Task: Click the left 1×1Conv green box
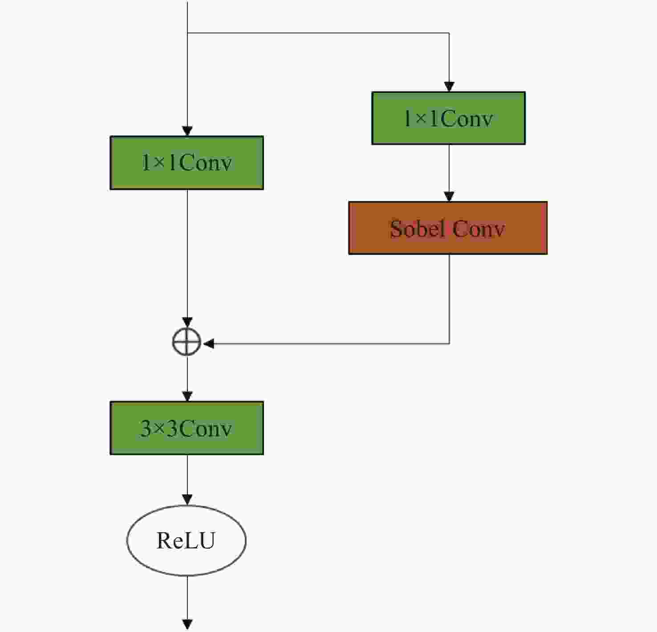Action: pyautogui.click(x=187, y=163)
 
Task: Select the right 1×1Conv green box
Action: pyautogui.click(x=448, y=118)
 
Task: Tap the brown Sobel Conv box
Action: pyautogui.click(x=448, y=228)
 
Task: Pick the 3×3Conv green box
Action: pyautogui.click(x=187, y=428)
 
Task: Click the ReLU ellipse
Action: pyautogui.click(x=187, y=540)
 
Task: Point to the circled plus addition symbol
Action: pyautogui.click(x=187, y=342)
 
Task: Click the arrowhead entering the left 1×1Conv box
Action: pyautogui.click(x=187, y=131)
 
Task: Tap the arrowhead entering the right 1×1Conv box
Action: pyautogui.click(x=449, y=87)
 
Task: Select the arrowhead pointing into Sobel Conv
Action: pyautogui.click(x=449, y=197)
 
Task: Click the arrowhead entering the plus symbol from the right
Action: pyautogui.click(x=209, y=344)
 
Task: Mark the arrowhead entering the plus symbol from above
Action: pyautogui.click(x=187, y=322)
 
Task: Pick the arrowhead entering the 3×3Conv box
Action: pyautogui.click(x=187, y=396)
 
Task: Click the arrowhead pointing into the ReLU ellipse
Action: pyautogui.click(x=187, y=500)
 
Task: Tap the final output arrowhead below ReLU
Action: pyautogui.click(x=187, y=624)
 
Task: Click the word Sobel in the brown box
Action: pyautogui.click(x=417, y=229)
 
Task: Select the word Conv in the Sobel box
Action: pyautogui.click(x=479, y=229)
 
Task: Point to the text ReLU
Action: pyautogui.click(x=186, y=540)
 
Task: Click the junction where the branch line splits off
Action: pyautogui.click(x=187, y=33)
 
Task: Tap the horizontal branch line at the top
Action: pyautogui.click(x=318, y=33)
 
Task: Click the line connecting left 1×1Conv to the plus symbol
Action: pyautogui.click(x=187, y=254)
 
